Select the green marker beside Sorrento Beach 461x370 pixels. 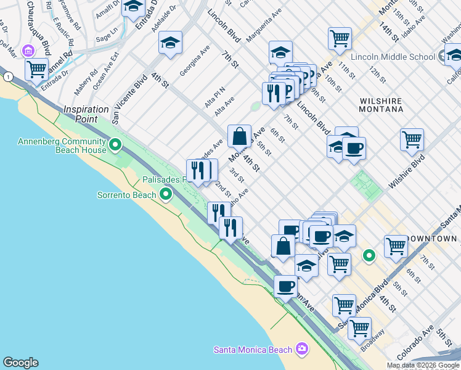click(165, 195)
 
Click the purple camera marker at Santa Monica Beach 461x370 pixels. click(301, 349)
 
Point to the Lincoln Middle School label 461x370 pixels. click(393, 57)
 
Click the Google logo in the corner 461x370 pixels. click(20, 363)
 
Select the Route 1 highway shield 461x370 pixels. click(7, 76)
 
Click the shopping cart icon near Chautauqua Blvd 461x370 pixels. click(36, 68)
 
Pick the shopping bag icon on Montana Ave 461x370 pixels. click(239, 135)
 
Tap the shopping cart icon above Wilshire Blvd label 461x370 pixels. click(412, 139)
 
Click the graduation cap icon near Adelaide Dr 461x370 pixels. click(170, 43)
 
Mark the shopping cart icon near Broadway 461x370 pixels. click(359, 328)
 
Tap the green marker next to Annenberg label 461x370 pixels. click(115, 146)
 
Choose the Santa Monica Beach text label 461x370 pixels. click(253, 350)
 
